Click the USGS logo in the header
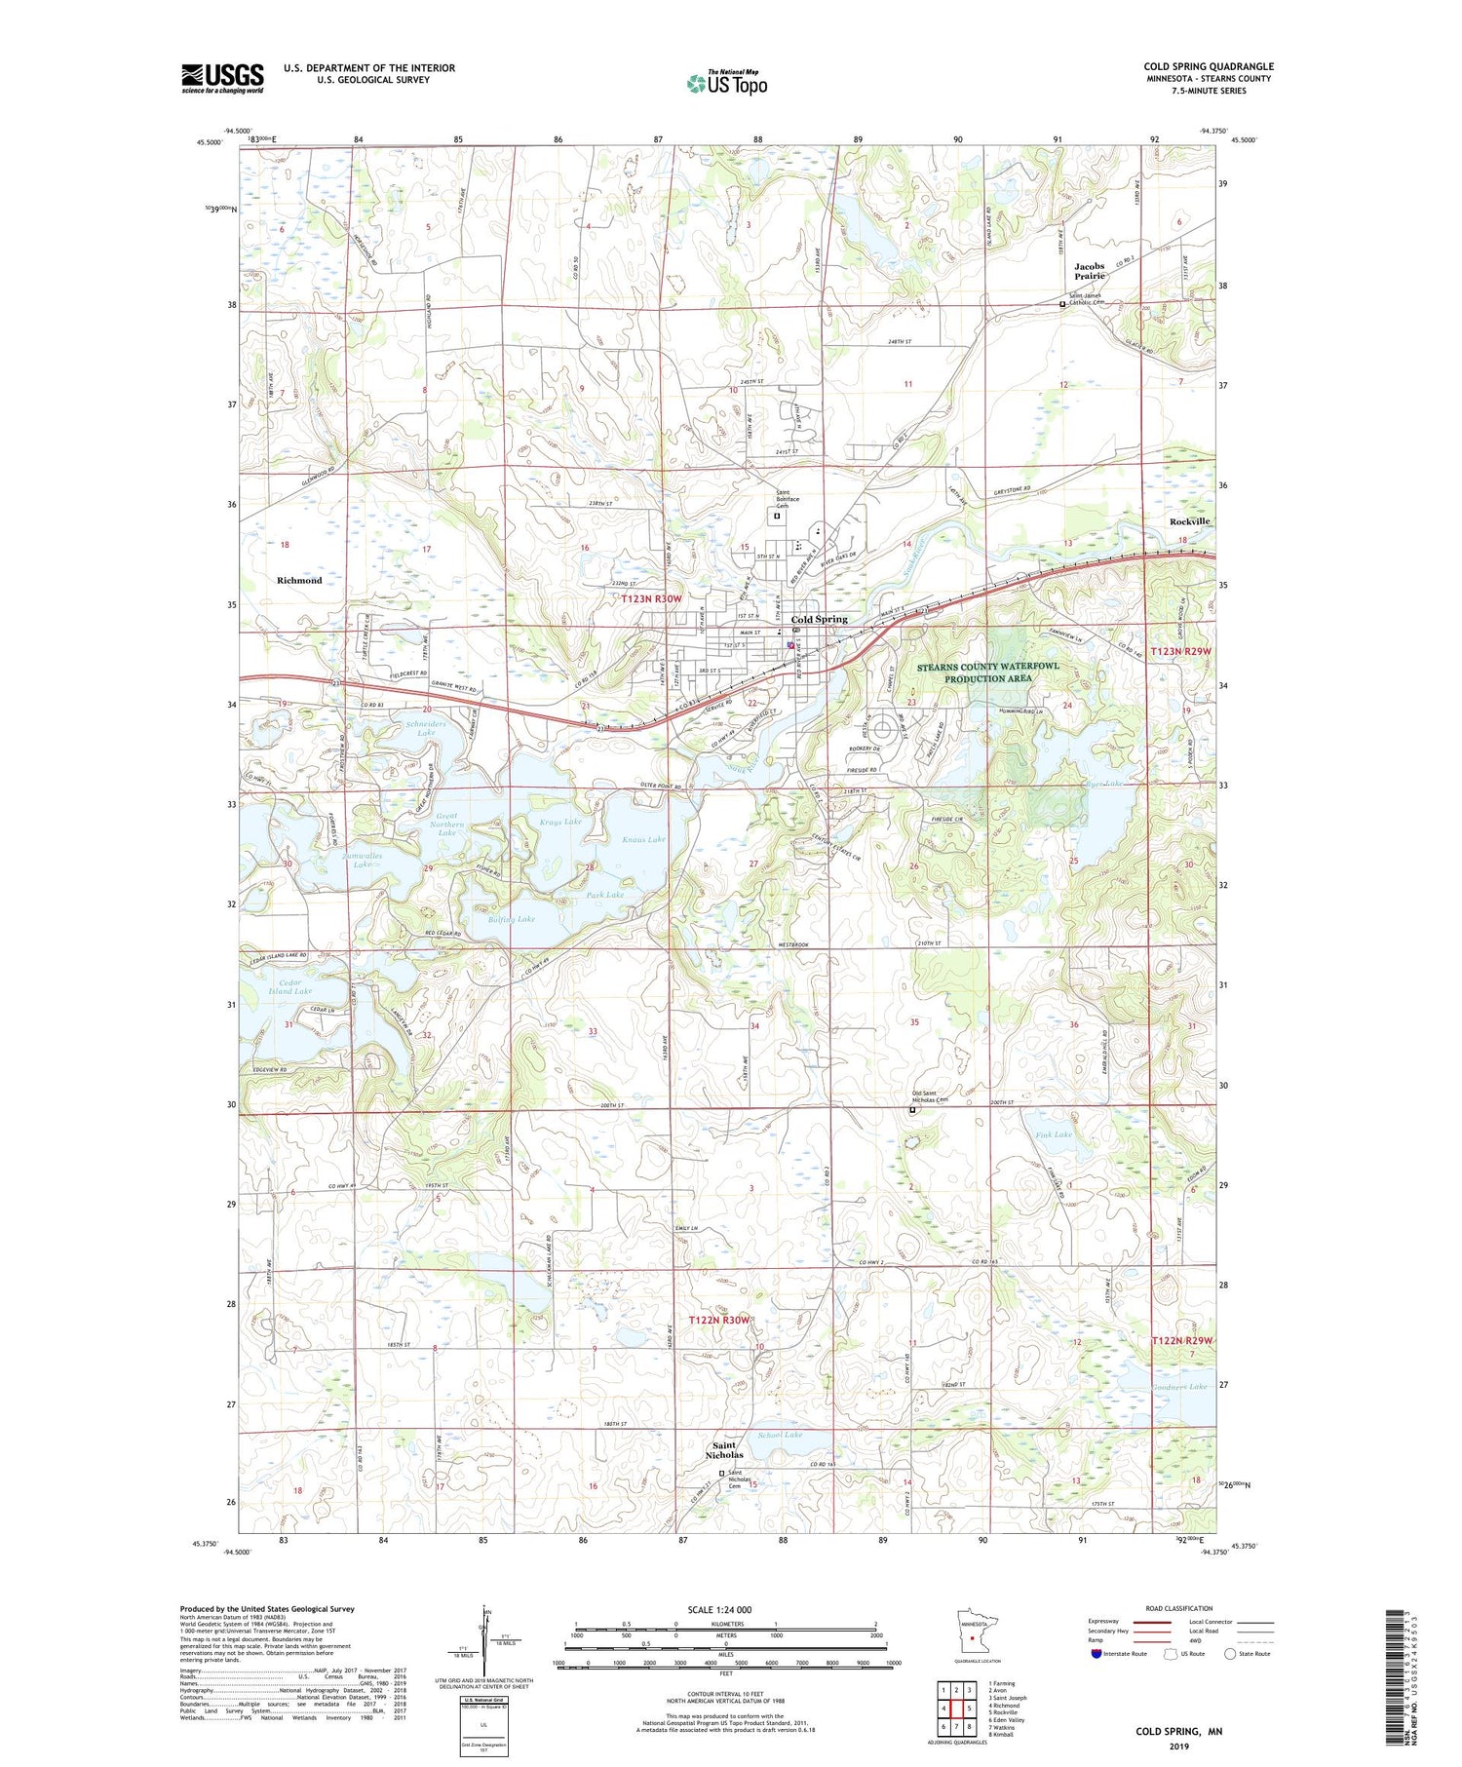pos(222,78)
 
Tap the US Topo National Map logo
pos(726,83)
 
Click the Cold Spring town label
pos(819,619)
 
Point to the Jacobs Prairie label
pos(1090,271)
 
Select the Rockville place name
pos(1189,521)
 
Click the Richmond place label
pos(299,580)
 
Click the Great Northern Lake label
pos(446,825)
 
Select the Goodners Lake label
pos(1179,1386)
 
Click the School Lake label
pos(780,1435)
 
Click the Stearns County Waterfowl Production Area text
pos(987,672)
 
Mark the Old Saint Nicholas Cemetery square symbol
pos(913,1110)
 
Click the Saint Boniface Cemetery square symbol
pos(777,518)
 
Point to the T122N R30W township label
pos(720,1320)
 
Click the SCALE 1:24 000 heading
pos(726,1609)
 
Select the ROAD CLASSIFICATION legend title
pos(1179,1608)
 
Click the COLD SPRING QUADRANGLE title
pos(1208,66)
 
